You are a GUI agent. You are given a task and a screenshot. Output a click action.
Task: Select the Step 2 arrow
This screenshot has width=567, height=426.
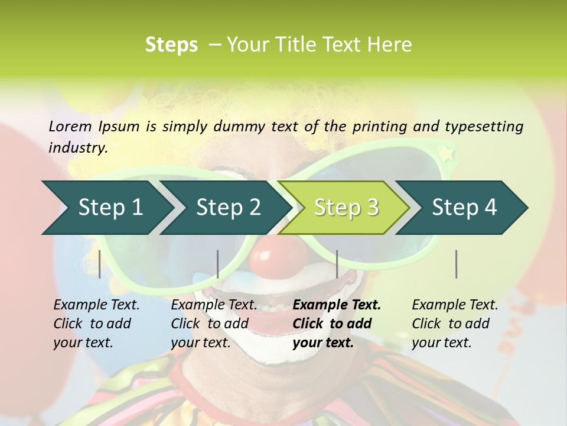[227, 208]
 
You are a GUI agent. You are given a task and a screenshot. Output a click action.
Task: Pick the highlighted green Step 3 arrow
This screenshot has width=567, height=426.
[346, 208]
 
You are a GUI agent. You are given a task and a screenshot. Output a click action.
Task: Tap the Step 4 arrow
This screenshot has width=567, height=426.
[464, 208]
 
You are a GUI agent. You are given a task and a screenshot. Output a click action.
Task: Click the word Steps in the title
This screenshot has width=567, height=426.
[171, 45]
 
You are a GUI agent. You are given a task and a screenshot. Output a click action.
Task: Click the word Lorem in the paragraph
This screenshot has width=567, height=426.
[70, 126]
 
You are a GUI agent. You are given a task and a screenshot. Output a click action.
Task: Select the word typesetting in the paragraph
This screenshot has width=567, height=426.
[484, 127]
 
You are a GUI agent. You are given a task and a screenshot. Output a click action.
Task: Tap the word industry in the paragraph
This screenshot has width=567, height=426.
[77, 148]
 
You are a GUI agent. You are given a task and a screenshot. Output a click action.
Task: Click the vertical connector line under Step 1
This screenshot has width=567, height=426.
[100, 264]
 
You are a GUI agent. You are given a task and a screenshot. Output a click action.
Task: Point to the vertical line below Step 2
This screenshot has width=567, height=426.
[218, 264]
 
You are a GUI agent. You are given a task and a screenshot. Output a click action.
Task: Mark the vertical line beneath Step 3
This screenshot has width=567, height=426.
[337, 264]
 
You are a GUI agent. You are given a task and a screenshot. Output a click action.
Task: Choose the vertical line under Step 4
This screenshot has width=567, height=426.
[457, 264]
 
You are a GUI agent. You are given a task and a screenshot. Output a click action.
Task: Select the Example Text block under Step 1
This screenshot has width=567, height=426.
[96, 324]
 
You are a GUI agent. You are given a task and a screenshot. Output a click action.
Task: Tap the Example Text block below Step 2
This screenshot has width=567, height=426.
[214, 324]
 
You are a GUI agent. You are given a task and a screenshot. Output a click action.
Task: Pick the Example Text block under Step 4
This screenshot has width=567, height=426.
[455, 324]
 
